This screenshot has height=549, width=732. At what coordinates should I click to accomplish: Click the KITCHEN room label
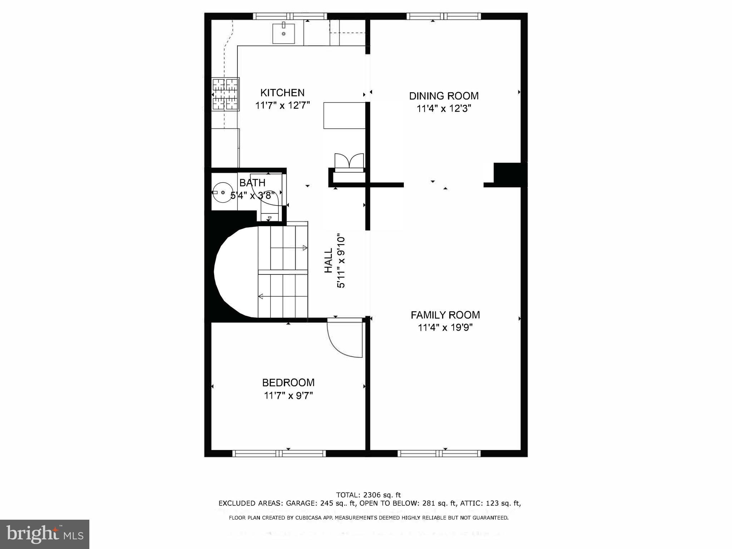click(x=282, y=93)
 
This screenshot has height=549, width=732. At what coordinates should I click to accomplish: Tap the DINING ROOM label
click(x=444, y=96)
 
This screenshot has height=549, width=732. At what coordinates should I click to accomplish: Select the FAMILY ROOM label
click(x=445, y=315)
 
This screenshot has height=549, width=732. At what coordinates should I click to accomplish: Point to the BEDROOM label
click(x=288, y=383)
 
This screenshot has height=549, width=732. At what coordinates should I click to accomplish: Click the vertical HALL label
click(x=328, y=261)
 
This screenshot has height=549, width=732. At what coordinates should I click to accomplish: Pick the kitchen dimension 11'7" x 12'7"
click(x=282, y=106)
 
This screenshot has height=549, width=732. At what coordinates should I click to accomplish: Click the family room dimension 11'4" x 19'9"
click(x=445, y=327)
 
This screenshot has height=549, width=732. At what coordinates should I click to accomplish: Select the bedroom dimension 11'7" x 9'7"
click(x=288, y=396)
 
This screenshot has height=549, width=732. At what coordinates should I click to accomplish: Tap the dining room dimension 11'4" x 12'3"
click(x=444, y=108)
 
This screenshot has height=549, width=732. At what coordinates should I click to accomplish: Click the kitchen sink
click(x=283, y=33)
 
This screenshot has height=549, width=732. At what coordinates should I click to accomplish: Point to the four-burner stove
click(x=226, y=94)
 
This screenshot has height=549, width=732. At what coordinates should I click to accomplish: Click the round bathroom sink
click(x=223, y=193)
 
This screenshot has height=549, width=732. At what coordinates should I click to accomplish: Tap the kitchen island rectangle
click(x=344, y=115)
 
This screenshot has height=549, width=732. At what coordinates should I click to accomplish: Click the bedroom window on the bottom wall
click(x=279, y=453)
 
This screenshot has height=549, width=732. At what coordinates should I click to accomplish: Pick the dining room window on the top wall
click(x=444, y=16)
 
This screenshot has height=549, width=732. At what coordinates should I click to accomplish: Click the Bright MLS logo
click(x=45, y=534)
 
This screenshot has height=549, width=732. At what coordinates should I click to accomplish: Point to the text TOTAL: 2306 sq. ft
click(x=369, y=495)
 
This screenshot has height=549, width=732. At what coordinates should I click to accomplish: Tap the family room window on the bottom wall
click(x=439, y=453)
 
